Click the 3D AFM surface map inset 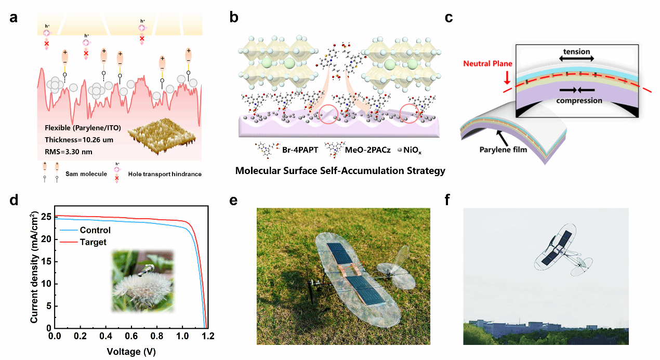162,137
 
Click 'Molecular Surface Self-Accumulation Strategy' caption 340,170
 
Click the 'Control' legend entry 94,230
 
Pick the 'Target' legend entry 93,242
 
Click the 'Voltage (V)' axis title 131,351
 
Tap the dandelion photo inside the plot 142,281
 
